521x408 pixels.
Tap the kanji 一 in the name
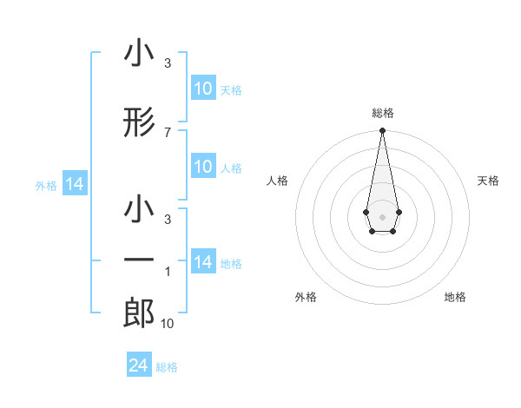[139, 260]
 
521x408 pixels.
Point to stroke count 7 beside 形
[167, 132]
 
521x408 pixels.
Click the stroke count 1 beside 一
[167, 272]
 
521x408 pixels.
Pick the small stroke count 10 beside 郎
[168, 324]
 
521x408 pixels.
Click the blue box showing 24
[138, 365]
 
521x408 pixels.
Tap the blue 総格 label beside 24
[167, 366]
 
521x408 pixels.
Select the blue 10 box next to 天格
[202, 89]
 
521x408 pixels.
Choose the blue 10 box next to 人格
[202, 167]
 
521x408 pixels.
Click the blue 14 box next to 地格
[202, 262]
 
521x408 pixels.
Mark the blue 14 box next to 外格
[74, 184]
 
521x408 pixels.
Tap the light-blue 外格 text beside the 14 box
[46, 185]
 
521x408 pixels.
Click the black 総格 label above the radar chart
[382, 113]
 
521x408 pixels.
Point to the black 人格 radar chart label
[278, 181]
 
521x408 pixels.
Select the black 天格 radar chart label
[488, 181]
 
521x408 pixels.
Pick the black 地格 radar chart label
[455, 297]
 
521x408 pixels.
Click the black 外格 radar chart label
[306, 297]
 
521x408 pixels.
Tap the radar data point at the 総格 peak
[382, 131]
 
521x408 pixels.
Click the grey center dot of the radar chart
[382, 215]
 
